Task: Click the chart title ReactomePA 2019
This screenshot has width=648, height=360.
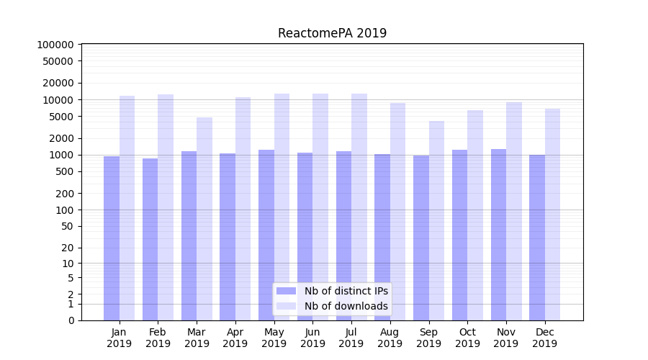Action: pyautogui.click(x=332, y=33)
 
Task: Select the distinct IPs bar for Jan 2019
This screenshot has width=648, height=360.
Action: pyautogui.click(x=112, y=238)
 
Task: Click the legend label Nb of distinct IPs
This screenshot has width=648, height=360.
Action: pyautogui.click(x=346, y=291)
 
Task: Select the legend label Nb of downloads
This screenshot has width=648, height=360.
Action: pyautogui.click(x=346, y=306)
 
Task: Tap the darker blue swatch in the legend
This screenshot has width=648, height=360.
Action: pyautogui.click(x=286, y=291)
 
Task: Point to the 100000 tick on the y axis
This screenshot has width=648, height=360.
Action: pyautogui.click(x=55, y=45)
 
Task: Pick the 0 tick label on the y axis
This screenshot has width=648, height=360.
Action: pyautogui.click(x=71, y=320)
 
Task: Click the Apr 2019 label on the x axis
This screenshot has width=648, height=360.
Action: pyautogui.click(x=235, y=338)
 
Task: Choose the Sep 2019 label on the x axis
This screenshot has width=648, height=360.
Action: pyautogui.click(x=428, y=338)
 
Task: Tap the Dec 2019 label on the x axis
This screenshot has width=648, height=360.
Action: pyautogui.click(x=544, y=338)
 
